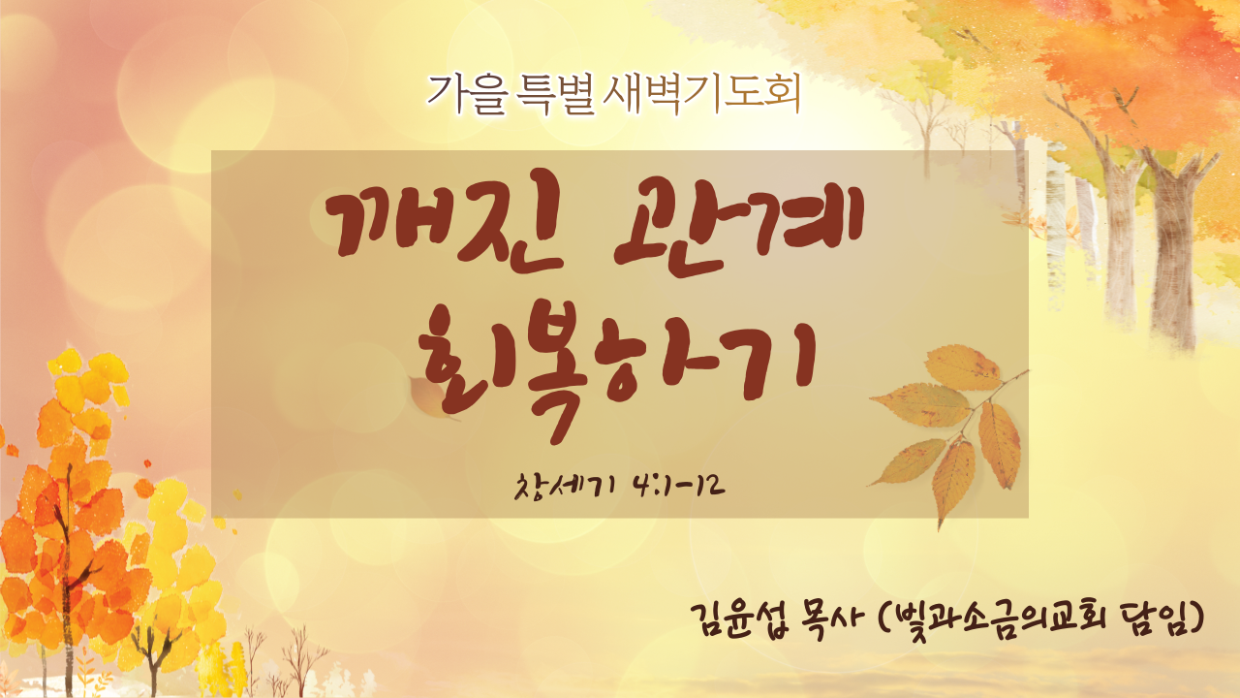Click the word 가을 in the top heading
467,95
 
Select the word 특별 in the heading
554,95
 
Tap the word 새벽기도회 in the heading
702,95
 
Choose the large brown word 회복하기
615,367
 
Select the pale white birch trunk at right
1056,222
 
